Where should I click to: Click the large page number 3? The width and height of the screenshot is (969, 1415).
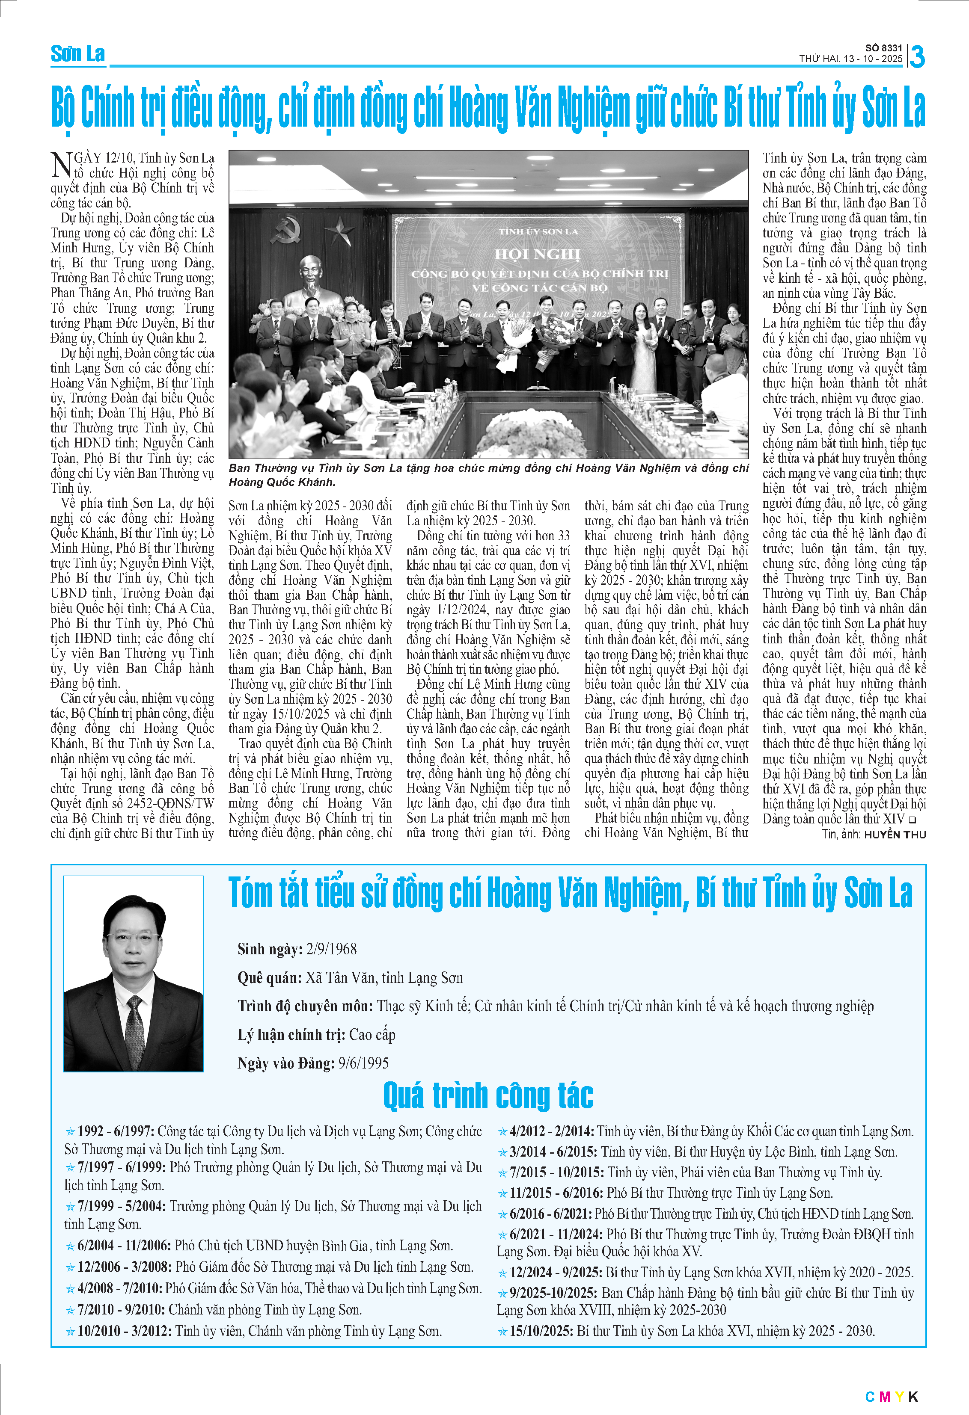pyautogui.click(x=917, y=56)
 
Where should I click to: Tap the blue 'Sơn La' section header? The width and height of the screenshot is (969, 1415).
pyautogui.click(x=78, y=54)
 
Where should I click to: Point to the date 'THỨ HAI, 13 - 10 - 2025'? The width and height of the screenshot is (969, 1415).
pyautogui.click(x=850, y=59)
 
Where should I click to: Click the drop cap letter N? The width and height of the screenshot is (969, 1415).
pyautogui.click(x=62, y=165)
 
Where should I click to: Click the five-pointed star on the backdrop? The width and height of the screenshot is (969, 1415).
pyautogui.click(x=339, y=231)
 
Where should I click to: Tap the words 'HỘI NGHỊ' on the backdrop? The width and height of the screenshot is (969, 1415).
pyautogui.click(x=537, y=254)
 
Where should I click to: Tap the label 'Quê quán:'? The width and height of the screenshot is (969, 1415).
pyautogui.click(x=269, y=978)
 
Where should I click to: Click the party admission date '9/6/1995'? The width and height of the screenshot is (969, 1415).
pyautogui.click(x=364, y=1063)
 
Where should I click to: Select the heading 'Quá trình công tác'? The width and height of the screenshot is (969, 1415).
pyautogui.click(x=488, y=1095)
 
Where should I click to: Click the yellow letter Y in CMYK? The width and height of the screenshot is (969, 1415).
pyautogui.click(x=900, y=1397)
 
